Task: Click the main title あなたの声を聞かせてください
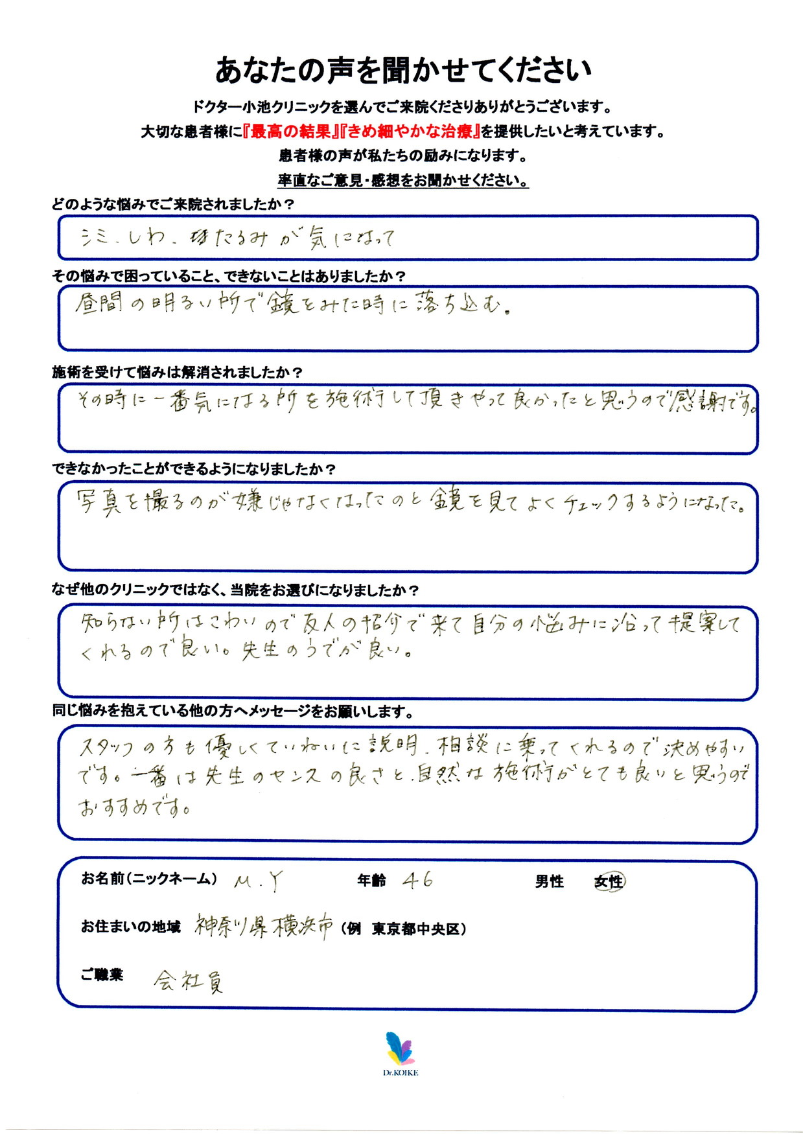pyautogui.click(x=402, y=70)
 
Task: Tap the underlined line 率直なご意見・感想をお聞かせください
pyautogui.click(x=402, y=180)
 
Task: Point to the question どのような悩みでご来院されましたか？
pyautogui.click(x=173, y=205)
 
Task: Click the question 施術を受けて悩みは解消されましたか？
pyautogui.click(x=177, y=373)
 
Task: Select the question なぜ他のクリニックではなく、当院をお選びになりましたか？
pyautogui.click(x=235, y=590)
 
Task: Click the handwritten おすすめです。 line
pyautogui.click(x=134, y=807)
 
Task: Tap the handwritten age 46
pyautogui.click(x=417, y=879)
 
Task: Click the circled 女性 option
pyautogui.click(x=609, y=881)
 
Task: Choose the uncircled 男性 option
pyautogui.click(x=549, y=881)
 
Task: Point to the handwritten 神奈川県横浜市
pyautogui.click(x=264, y=927)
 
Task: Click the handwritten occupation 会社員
pyautogui.click(x=189, y=982)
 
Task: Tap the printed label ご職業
pyautogui.click(x=102, y=975)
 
